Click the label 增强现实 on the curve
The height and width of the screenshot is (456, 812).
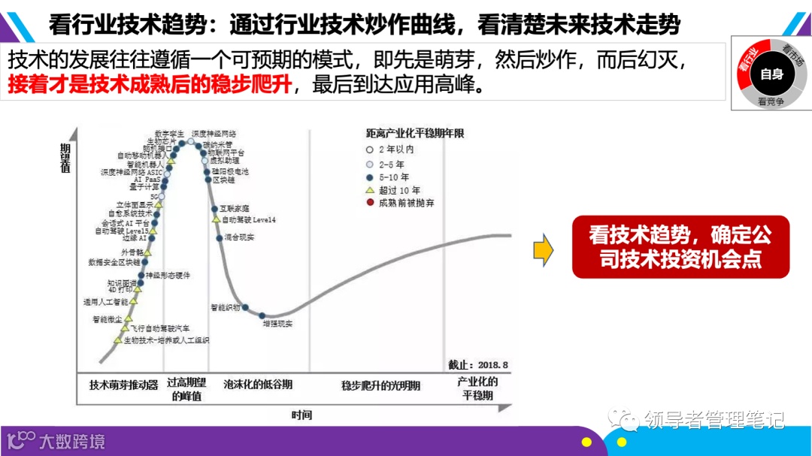277,324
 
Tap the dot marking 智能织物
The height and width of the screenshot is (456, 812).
245,307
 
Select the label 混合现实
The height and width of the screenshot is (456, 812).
240,237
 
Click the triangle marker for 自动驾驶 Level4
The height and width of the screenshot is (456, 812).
216,219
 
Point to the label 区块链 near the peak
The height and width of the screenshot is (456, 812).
224,180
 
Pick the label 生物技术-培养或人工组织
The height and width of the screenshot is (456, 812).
166,340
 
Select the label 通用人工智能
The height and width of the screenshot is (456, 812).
106,302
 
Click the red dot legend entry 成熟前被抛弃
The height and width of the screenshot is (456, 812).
370,203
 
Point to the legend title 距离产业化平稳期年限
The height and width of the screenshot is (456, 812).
415,133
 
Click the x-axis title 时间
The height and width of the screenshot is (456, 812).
301,415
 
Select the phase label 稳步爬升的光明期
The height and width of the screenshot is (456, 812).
380,385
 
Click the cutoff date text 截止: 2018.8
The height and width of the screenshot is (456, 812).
477,364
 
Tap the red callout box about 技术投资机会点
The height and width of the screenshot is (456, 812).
680,247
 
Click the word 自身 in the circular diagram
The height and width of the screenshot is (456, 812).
771,74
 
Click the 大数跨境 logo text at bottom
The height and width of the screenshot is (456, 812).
72,442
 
